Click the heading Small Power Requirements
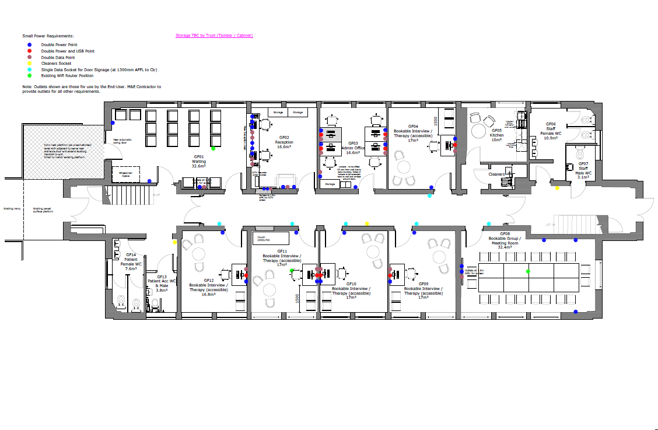coord(48,36)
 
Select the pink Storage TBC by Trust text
coord(214,36)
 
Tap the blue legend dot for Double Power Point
coord(29,44)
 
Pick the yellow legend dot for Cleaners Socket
coord(29,63)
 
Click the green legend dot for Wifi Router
coord(29,75)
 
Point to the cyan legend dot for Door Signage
coord(29,69)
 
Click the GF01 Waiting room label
coord(199,161)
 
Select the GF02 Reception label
coord(284,142)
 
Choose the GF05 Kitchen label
coord(497,135)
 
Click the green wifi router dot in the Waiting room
coord(213,149)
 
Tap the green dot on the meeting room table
coord(528,271)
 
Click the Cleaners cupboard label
coord(496,174)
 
